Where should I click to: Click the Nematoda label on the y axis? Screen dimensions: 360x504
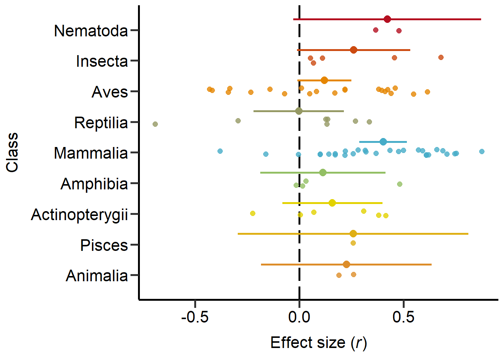[91, 31]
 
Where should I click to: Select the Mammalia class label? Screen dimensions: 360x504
[91, 153]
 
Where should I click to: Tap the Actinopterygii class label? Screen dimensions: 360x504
[79, 215]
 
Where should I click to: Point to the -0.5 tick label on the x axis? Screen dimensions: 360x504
[195, 317]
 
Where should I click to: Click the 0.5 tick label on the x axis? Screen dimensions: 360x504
[403, 317]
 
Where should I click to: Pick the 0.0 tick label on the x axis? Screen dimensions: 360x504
[299, 317]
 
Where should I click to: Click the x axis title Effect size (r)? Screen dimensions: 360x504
[318, 343]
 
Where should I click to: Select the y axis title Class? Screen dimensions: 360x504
[12, 152]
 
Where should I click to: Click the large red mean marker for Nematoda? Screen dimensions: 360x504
[387, 19]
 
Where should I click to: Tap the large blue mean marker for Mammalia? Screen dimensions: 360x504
[383, 142]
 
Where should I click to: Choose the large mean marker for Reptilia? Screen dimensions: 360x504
[298, 111]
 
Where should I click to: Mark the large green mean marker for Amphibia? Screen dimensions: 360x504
[323, 172]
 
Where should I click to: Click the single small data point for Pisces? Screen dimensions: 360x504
[353, 243]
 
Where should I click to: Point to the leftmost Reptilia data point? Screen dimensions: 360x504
[155, 124]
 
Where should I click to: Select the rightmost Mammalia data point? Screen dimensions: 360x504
[482, 151]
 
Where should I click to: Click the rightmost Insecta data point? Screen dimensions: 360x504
[441, 57]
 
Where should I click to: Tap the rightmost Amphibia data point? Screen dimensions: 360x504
[400, 184]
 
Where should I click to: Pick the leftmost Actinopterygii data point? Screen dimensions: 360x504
[253, 213]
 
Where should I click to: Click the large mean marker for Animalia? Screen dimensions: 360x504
[346, 264]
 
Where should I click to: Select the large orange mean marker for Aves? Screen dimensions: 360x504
[324, 80]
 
